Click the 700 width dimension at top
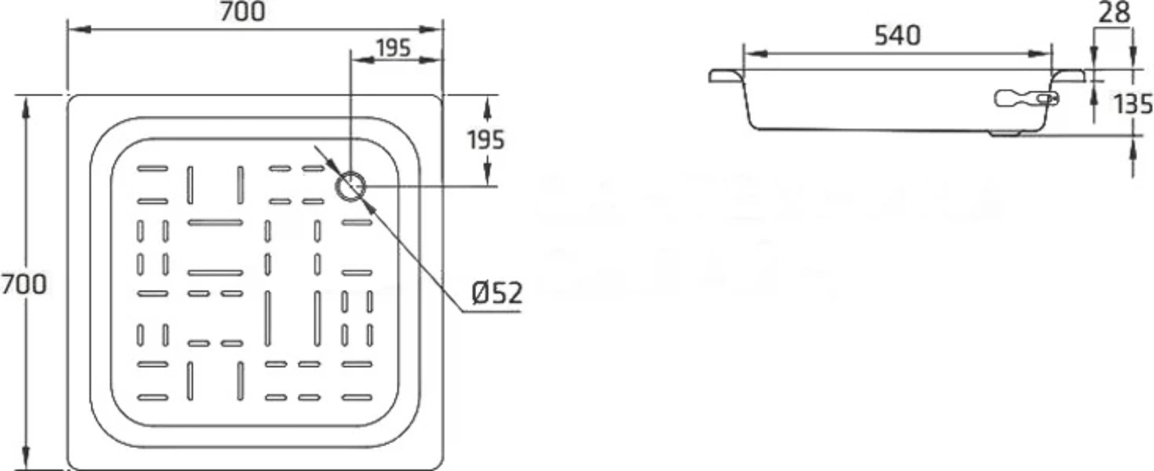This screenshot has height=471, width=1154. click(x=242, y=12)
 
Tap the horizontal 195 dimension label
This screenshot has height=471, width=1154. click(x=393, y=48)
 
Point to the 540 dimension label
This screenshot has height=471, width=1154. click(x=898, y=36)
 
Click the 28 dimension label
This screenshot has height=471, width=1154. click(x=1114, y=13)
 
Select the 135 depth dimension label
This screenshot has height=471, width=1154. click(x=1133, y=105)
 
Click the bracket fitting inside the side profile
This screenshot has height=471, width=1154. click(x=1026, y=99)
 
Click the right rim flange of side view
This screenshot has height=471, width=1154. click(x=1069, y=76)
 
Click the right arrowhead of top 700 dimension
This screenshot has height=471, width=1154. click(x=431, y=30)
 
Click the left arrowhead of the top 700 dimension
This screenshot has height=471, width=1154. click(x=79, y=30)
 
